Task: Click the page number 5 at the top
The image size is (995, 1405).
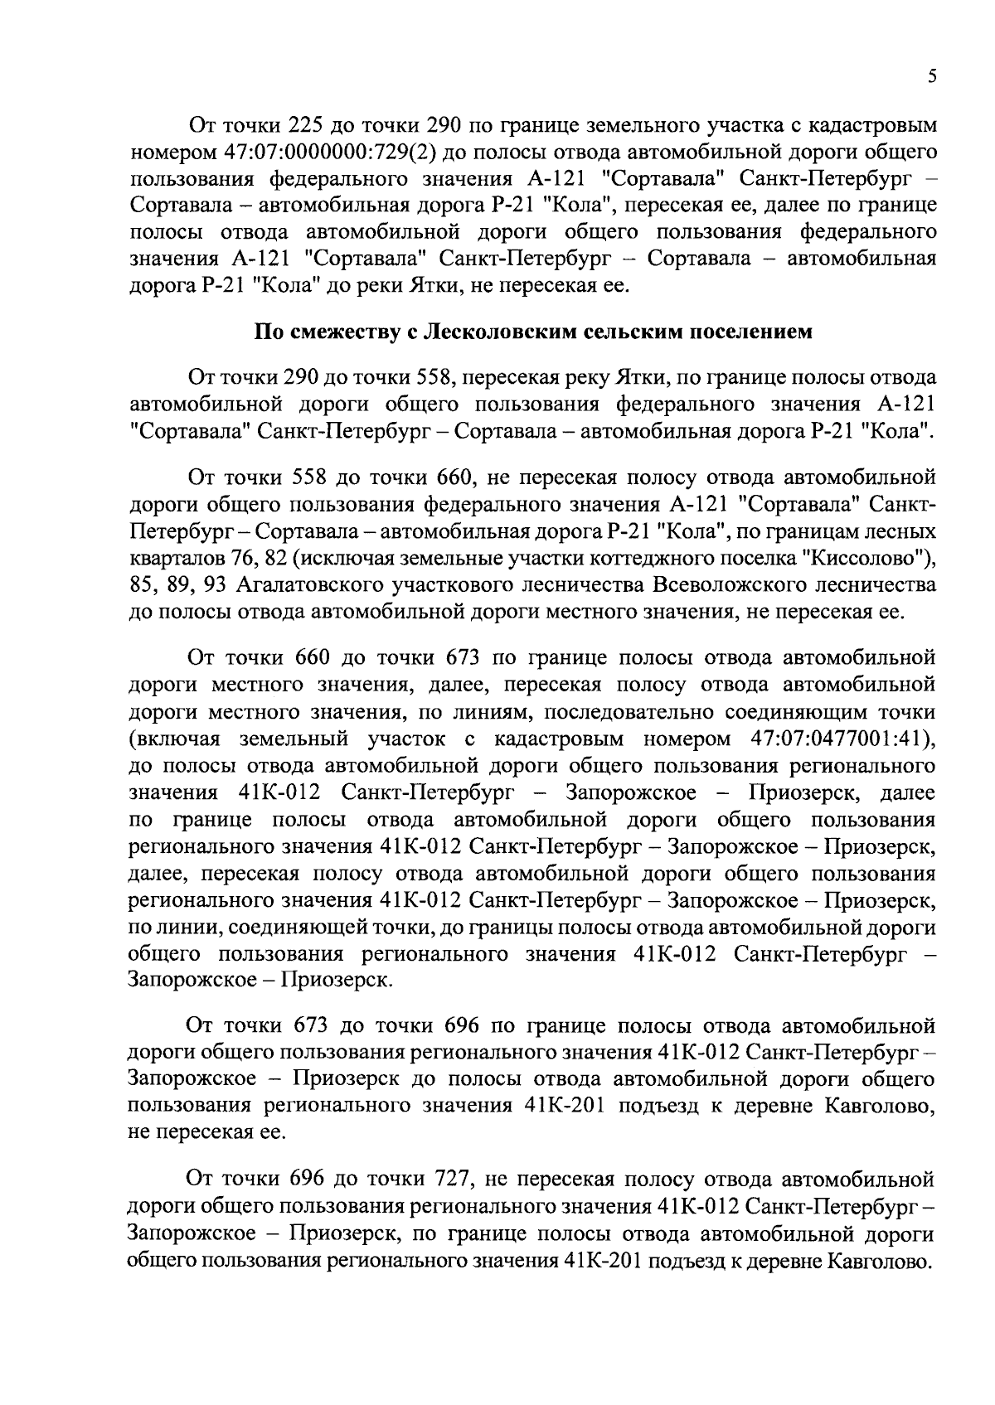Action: pyautogui.click(x=932, y=76)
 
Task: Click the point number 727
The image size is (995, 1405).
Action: pyautogui.click(x=452, y=1179)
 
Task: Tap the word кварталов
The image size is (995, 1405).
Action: pyautogui.click(x=171, y=558)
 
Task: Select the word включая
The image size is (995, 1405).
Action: pyautogui.click(x=174, y=739)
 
